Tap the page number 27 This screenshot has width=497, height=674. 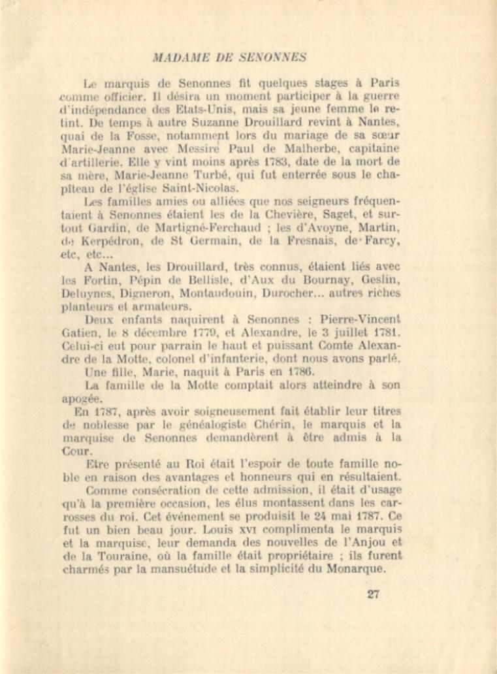pyautogui.click(x=374, y=594)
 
